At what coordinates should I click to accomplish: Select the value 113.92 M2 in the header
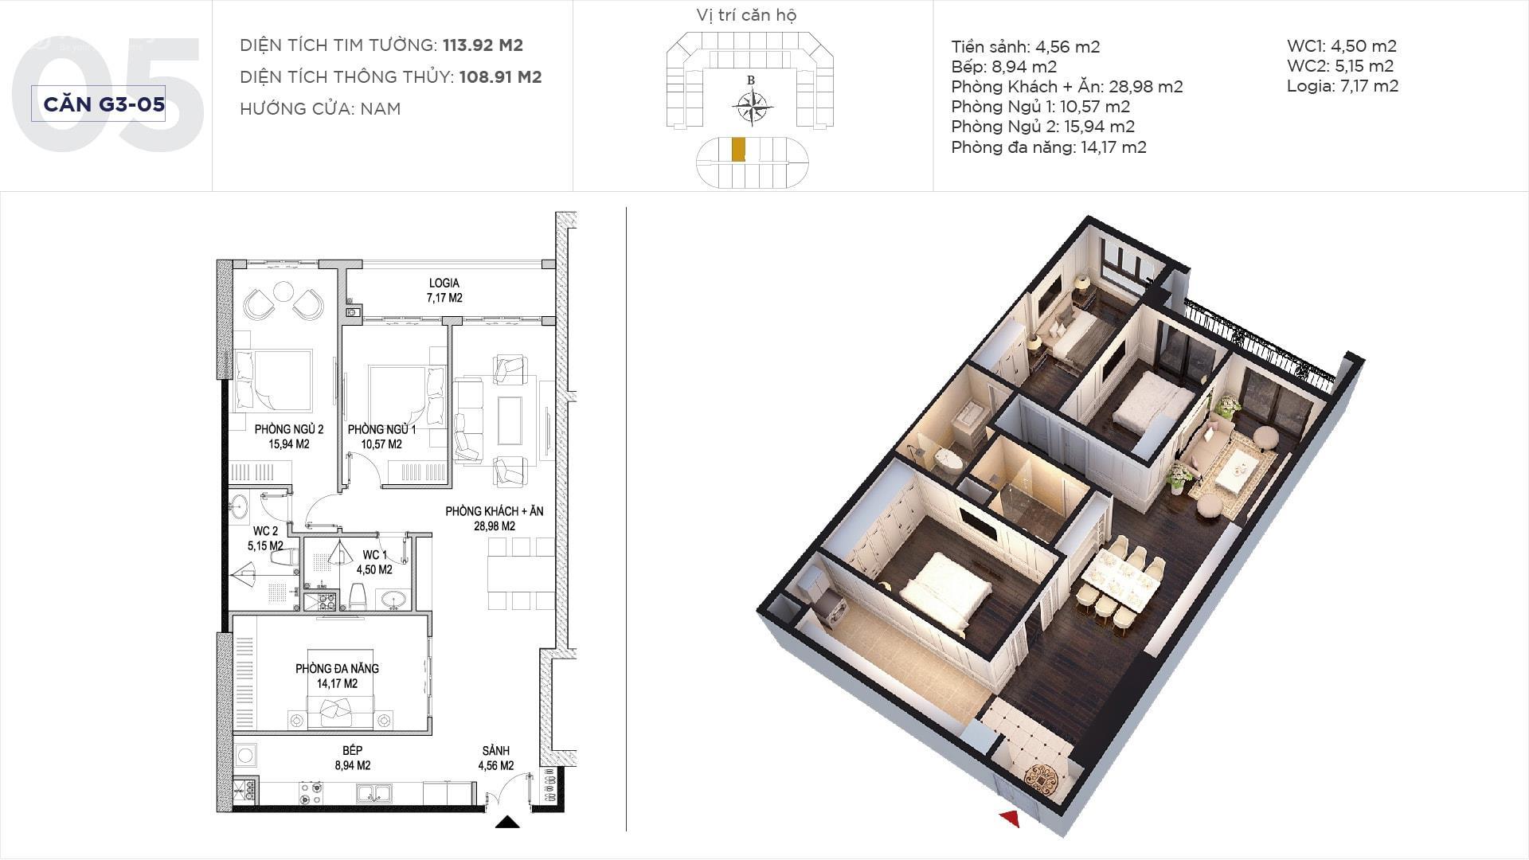tap(483, 45)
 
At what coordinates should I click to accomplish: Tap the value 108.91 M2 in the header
tap(501, 77)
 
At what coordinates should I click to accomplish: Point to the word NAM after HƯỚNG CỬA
tap(381, 109)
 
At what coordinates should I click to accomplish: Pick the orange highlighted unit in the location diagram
tap(738, 149)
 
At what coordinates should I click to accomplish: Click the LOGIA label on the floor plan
tap(444, 283)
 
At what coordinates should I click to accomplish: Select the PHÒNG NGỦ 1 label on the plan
tap(381, 429)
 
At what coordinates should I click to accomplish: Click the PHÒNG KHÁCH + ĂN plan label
tap(495, 511)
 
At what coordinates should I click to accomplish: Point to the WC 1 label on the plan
tap(374, 555)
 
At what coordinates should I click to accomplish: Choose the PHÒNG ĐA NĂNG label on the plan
tap(337, 668)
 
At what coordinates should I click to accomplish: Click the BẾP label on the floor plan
tap(353, 750)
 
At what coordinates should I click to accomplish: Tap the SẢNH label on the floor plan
tap(495, 751)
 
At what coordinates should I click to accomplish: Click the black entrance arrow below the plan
tap(507, 822)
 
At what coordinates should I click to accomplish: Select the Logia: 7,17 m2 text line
tap(1343, 86)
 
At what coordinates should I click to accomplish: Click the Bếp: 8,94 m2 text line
tap(1004, 67)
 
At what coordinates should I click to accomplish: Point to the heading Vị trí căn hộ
tap(746, 15)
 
